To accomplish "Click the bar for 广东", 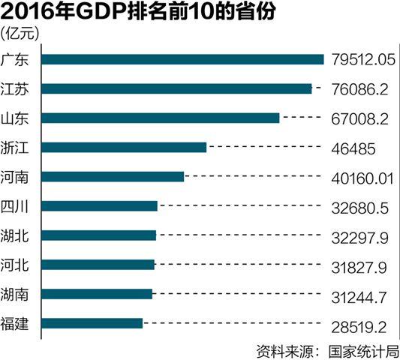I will pyautogui.click(x=182, y=59).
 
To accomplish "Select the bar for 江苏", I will pyautogui.click(x=176, y=88).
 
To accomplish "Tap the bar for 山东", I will pyautogui.click(x=161, y=118).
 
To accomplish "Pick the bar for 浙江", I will pyautogui.click(x=124, y=147).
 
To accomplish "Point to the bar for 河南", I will pyautogui.click(x=113, y=176).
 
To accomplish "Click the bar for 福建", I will pyautogui.click(x=92, y=323).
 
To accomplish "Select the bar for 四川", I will pyautogui.click(x=100, y=205).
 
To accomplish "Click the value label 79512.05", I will pyautogui.click(x=362, y=59).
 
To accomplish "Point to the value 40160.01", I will pyautogui.click(x=362, y=177).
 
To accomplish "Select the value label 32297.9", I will pyautogui.click(x=358, y=235).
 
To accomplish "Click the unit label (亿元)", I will pyautogui.click(x=23, y=33).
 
